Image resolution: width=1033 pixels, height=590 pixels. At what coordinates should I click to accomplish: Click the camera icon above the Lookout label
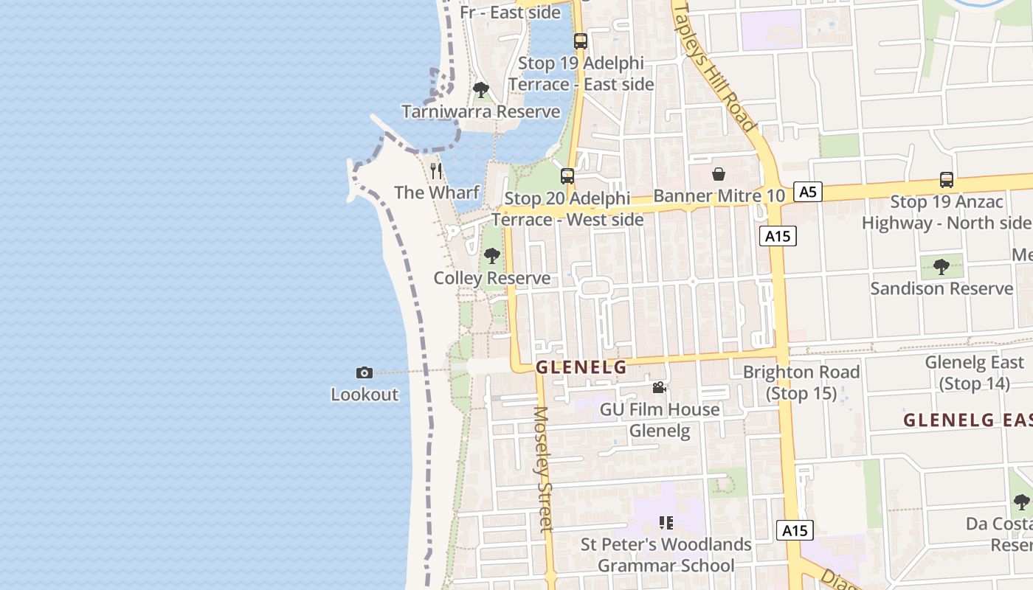364,372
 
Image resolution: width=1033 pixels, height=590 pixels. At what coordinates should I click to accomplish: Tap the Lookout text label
365,395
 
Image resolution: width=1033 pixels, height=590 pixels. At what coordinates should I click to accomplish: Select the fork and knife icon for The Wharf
436,171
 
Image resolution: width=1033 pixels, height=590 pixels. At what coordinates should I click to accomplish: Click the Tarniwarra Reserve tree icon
481,90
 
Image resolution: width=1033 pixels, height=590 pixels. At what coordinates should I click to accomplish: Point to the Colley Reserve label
491,278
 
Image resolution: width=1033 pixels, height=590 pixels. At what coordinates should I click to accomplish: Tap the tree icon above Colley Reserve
491,257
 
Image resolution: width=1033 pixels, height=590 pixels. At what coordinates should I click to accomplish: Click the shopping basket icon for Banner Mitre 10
718,175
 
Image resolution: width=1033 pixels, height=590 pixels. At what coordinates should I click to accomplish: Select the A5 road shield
808,192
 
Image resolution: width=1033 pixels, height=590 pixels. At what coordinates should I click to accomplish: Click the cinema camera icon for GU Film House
659,388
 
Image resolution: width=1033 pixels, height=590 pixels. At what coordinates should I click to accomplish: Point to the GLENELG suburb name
581,367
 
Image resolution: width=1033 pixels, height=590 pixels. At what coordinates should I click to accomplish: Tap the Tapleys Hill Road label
714,66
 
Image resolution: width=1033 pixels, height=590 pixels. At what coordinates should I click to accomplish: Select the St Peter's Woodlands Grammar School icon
666,523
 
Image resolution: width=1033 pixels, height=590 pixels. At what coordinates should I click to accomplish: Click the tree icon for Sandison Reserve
941,266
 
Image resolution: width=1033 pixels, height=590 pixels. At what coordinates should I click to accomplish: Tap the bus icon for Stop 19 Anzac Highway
947,179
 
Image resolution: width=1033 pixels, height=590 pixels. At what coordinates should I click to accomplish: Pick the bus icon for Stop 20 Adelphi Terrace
567,176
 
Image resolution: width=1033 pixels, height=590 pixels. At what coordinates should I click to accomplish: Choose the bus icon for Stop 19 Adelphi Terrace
581,41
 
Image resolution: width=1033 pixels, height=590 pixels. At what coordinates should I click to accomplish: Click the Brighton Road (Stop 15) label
801,382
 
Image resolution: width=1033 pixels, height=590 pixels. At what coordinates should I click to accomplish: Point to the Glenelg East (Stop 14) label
974,372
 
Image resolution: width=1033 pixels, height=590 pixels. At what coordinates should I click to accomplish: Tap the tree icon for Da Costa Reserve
1022,502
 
